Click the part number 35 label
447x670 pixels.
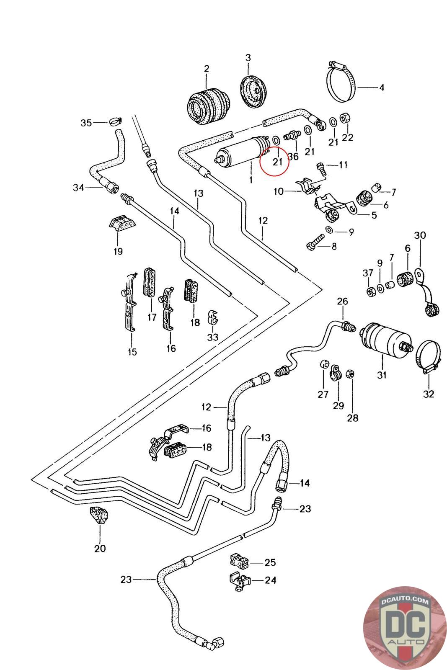click(x=86, y=123)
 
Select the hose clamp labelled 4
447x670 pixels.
click(x=341, y=83)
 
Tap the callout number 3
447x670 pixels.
click(x=248, y=57)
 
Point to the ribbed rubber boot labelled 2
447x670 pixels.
click(x=208, y=105)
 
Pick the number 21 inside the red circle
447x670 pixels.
click(x=277, y=162)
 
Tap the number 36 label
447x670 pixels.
click(x=293, y=157)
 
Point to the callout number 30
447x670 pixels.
click(x=420, y=235)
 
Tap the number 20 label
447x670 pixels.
click(x=100, y=548)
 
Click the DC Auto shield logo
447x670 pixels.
click(x=402, y=627)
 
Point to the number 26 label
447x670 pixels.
click(x=342, y=301)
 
